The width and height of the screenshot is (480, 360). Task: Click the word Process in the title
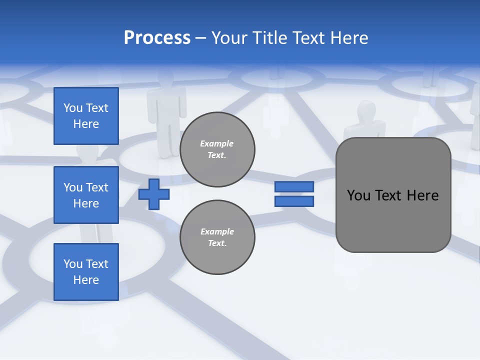click(x=157, y=37)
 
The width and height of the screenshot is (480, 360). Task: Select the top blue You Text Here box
click(x=86, y=116)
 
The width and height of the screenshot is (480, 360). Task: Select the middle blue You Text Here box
click(x=86, y=195)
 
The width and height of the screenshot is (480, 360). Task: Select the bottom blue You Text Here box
click(x=86, y=272)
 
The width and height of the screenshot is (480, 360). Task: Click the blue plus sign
click(x=154, y=194)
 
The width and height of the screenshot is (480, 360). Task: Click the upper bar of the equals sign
click(x=294, y=186)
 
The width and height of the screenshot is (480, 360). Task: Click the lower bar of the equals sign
click(x=294, y=201)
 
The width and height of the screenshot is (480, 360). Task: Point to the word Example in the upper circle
click(x=216, y=143)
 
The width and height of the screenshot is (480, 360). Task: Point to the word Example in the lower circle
click(x=217, y=231)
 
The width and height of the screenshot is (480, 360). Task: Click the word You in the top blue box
click(x=73, y=108)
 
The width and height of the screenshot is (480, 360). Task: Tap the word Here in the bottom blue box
click(x=86, y=280)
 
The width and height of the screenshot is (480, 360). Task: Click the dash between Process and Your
click(x=201, y=38)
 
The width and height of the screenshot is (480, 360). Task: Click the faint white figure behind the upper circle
click(x=166, y=110)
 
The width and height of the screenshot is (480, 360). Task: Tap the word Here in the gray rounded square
click(x=422, y=195)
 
